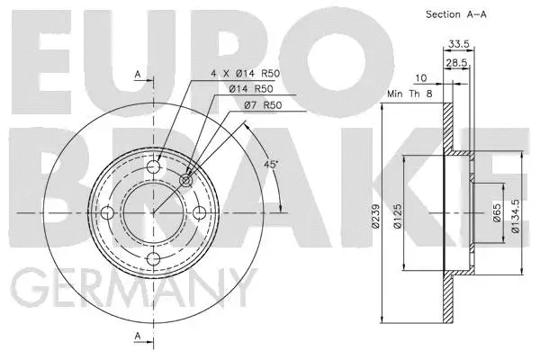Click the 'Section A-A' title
[x=455, y=14]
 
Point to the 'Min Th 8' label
[x=409, y=93]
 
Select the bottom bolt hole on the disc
[x=153, y=258]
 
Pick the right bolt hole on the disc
[x=199, y=212]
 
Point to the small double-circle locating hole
[x=185, y=180]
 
